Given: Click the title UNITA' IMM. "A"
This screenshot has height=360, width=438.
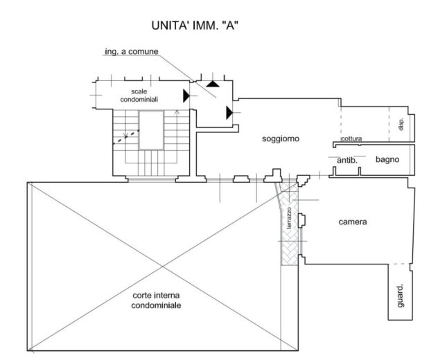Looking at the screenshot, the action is [195, 26].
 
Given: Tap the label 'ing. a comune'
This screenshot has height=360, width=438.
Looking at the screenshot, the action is [132, 52].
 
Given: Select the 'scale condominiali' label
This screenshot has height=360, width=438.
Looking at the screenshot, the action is [139, 96].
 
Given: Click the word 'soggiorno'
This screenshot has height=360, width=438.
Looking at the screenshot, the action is [281, 138].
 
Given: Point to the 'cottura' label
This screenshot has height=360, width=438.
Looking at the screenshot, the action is [351, 138].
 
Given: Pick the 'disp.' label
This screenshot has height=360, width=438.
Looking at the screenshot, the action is [401, 124].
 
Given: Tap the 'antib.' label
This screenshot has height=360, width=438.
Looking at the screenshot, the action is [347, 161].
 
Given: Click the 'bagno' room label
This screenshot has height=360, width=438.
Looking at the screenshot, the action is [387, 160].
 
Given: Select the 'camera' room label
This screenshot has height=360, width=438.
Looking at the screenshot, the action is [353, 222].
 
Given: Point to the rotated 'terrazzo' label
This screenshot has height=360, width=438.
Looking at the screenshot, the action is [289, 218].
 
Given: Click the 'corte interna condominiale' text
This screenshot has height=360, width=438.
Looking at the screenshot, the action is [156, 300].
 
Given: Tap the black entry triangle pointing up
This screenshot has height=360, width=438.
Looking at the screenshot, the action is [213, 84].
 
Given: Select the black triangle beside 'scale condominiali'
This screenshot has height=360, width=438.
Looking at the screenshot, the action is [186, 96].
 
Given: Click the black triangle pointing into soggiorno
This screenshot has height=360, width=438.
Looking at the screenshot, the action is [229, 112].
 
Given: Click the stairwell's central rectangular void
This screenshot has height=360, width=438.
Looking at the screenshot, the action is [151, 130].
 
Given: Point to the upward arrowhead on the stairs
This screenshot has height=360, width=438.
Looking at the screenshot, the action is [177, 112].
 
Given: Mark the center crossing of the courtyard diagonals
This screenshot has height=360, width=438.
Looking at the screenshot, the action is [163, 267].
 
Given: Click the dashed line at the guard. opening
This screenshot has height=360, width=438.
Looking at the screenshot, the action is [399, 264].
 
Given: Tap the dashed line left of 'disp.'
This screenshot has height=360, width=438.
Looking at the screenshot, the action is [389, 124].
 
